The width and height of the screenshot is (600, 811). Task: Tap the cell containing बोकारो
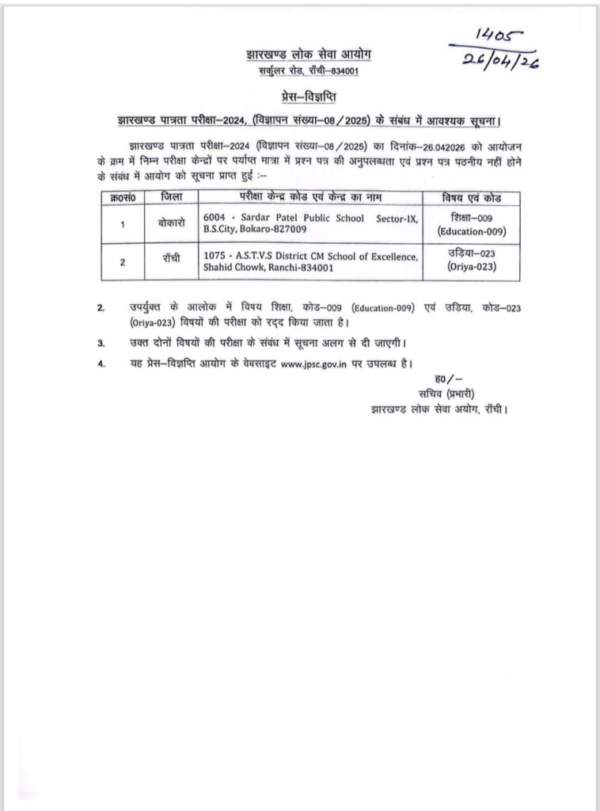point(171,224)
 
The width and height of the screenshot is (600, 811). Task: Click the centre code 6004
point(215,218)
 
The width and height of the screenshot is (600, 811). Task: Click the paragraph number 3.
point(101,344)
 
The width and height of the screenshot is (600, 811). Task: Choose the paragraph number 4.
point(101,364)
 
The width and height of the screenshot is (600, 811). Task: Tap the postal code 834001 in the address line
point(347,71)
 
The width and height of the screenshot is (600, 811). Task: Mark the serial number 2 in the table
point(123,263)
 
